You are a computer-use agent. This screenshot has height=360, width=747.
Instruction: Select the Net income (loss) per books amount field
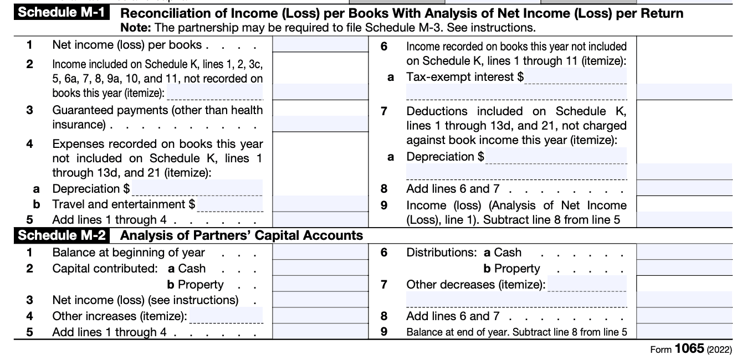click(320, 45)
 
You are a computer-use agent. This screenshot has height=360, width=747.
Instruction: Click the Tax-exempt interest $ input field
click(576, 77)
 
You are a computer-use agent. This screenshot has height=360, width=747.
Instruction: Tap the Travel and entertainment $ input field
click(230, 204)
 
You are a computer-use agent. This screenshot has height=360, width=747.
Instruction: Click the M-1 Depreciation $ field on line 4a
click(197, 188)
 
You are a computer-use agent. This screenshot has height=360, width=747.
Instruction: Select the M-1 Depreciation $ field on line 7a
click(556, 156)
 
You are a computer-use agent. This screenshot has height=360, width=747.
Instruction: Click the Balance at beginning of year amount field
click(320, 253)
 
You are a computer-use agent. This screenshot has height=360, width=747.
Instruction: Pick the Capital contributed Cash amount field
click(320, 269)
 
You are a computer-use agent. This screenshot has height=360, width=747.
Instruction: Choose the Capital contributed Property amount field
click(320, 285)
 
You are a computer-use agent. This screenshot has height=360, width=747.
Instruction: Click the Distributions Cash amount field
click(684, 253)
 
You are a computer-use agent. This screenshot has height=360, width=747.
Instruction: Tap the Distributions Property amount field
click(684, 269)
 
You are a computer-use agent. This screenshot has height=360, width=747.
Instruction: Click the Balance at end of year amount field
click(684, 332)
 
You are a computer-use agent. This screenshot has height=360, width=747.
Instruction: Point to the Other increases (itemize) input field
click(226, 316)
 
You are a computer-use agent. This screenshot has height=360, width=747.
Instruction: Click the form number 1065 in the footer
click(689, 349)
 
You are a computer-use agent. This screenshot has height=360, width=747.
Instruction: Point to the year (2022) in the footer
click(719, 349)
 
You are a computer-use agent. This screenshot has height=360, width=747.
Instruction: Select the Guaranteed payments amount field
click(320, 124)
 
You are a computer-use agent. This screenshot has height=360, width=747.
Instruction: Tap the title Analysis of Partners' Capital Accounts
click(242, 235)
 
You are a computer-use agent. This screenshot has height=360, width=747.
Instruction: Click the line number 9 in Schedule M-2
click(383, 332)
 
